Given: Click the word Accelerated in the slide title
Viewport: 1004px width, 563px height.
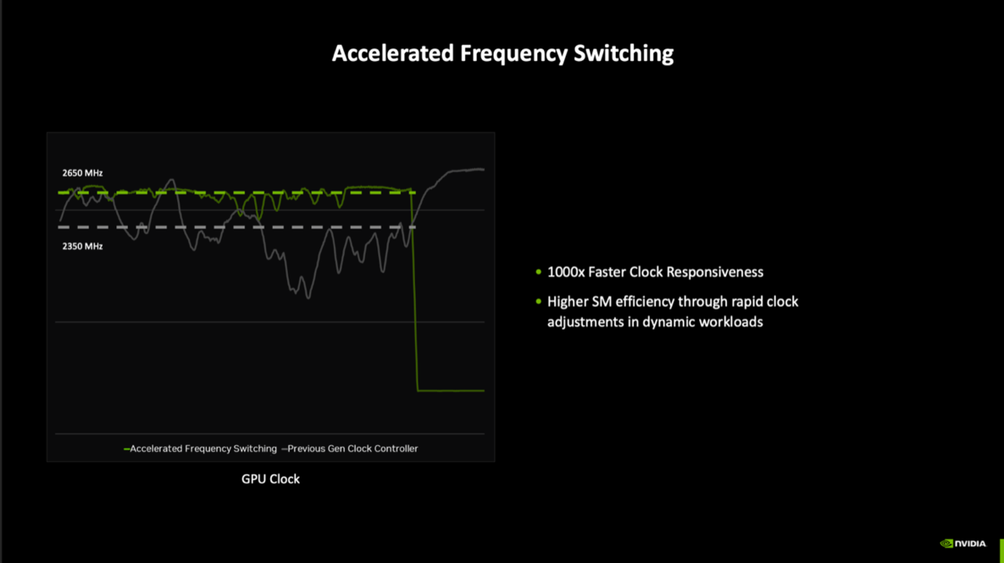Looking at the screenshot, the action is (x=392, y=54).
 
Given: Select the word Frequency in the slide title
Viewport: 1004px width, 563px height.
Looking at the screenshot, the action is (x=514, y=54).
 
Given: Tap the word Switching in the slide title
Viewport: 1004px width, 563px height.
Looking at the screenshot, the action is (x=623, y=54).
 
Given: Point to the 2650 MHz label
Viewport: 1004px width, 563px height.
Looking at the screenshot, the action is (x=83, y=173).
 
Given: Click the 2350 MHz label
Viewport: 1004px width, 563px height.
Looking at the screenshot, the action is (x=83, y=246).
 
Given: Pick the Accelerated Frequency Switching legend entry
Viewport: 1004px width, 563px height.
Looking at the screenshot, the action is (x=200, y=448).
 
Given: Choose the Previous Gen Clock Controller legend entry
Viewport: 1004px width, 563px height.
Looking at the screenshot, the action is (x=350, y=448).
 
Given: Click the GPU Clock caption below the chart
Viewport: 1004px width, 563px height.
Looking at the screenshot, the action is (x=270, y=479).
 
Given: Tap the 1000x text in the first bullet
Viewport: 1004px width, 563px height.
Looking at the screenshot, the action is (x=566, y=272).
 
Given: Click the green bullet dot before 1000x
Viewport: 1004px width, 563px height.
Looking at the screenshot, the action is (x=538, y=272).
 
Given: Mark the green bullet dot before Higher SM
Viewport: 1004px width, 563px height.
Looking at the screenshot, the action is (x=538, y=302).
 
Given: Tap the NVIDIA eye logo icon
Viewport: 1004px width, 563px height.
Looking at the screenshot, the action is (x=946, y=544).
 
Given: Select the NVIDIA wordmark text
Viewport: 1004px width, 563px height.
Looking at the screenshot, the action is (x=971, y=544).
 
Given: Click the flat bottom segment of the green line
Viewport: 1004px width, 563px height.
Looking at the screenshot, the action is (x=451, y=391).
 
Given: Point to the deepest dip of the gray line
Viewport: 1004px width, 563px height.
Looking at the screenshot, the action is (x=309, y=298).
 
